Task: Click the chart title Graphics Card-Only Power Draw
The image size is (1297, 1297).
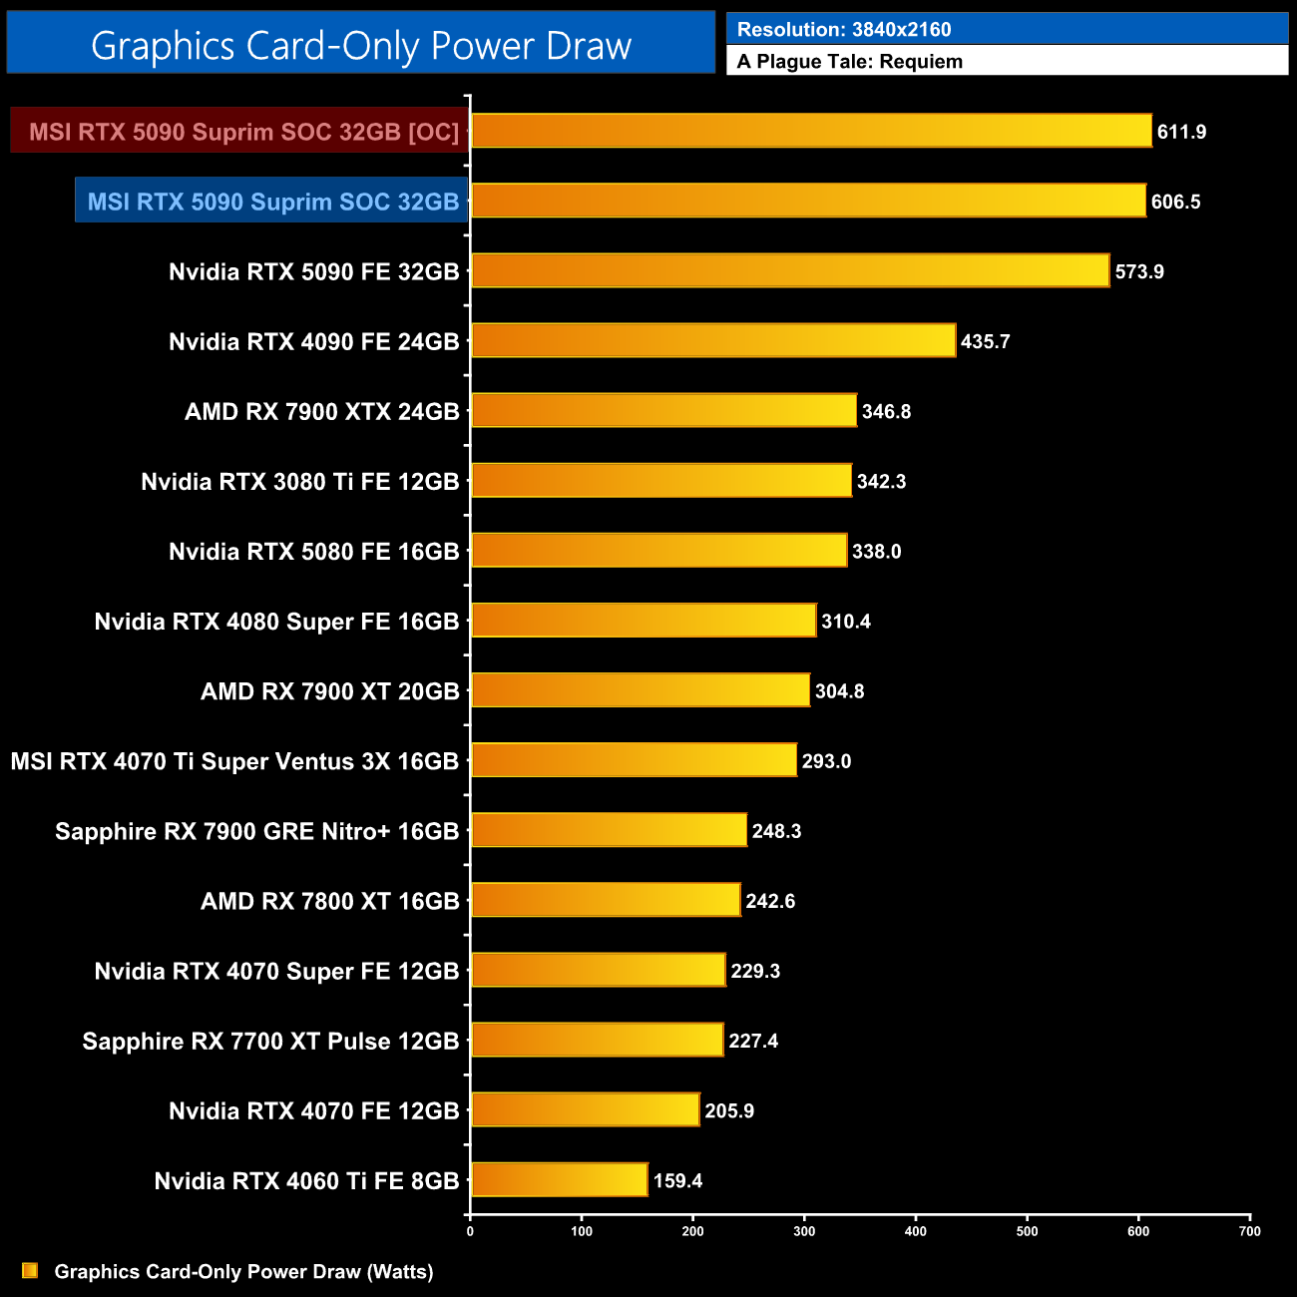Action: [361, 46]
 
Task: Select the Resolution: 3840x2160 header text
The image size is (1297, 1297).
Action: [844, 30]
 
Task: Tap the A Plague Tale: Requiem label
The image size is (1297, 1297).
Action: [850, 62]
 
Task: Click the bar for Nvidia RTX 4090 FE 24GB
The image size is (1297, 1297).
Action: [712, 341]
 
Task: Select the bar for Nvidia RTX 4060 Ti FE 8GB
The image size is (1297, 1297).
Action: [559, 1180]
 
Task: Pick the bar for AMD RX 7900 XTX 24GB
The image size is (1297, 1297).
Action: [663, 411]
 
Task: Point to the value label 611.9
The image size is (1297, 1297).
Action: [1182, 132]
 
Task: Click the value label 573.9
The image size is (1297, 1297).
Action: [1139, 271]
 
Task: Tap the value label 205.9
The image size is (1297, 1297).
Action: [729, 1110]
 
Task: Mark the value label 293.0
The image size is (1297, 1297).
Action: [826, 761]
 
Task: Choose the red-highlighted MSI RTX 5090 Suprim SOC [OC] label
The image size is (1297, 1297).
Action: [243, 132]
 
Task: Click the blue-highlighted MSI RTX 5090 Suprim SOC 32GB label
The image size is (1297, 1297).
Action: [272, 202]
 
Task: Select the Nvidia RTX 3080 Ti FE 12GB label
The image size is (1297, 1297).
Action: [299, 482]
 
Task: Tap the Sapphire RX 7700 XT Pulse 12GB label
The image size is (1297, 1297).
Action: [270, 1041]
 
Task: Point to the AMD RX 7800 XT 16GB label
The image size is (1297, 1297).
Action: [329, 901]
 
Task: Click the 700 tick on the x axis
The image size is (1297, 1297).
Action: [1249, 1231]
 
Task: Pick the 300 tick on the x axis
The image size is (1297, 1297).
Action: [804, 1231]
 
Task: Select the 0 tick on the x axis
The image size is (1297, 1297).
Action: [470, 1231]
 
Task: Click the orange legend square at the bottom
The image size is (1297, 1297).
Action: [30, 1270]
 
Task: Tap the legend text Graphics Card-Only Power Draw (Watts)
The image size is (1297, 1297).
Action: [243, 1271]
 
